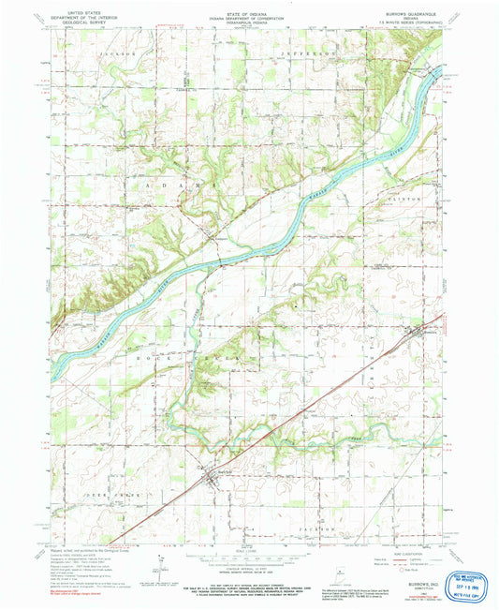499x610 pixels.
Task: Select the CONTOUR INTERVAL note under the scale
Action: pos(248,566)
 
